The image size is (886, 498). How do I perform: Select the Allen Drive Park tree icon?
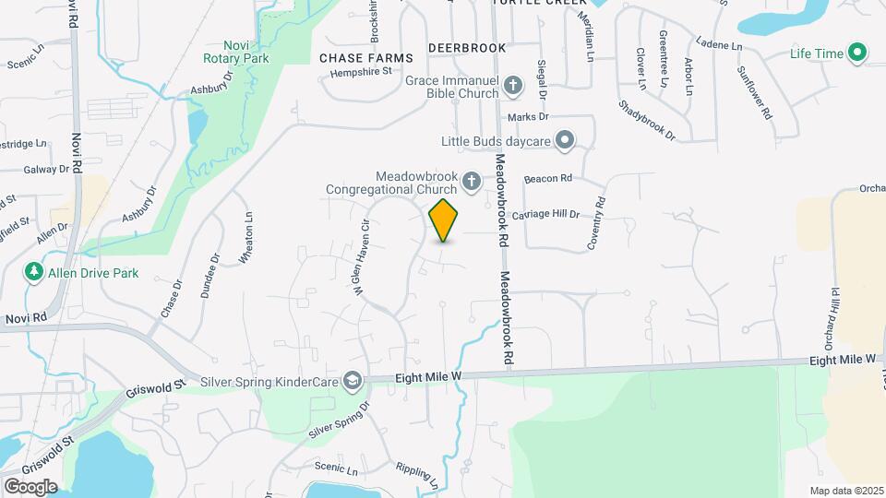tap(34, 272)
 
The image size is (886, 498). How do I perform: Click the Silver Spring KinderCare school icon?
tap(351, 380)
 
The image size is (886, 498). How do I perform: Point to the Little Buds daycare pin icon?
tap(566, 141)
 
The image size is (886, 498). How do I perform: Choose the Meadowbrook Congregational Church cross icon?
tap(472, 181)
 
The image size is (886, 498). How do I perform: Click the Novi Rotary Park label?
tap(235, 52)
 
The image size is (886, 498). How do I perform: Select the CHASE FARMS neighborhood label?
tap(365, 58)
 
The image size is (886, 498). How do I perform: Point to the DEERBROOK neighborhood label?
tap(467, 47)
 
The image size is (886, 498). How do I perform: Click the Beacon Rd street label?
tap(548, 178)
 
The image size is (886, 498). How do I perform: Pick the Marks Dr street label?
tap(528, 117)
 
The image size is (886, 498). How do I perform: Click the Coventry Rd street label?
tap(597, 222)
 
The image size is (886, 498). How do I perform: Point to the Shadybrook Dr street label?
tap(648, 121)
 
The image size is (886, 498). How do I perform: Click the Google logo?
tap(30, 486)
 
